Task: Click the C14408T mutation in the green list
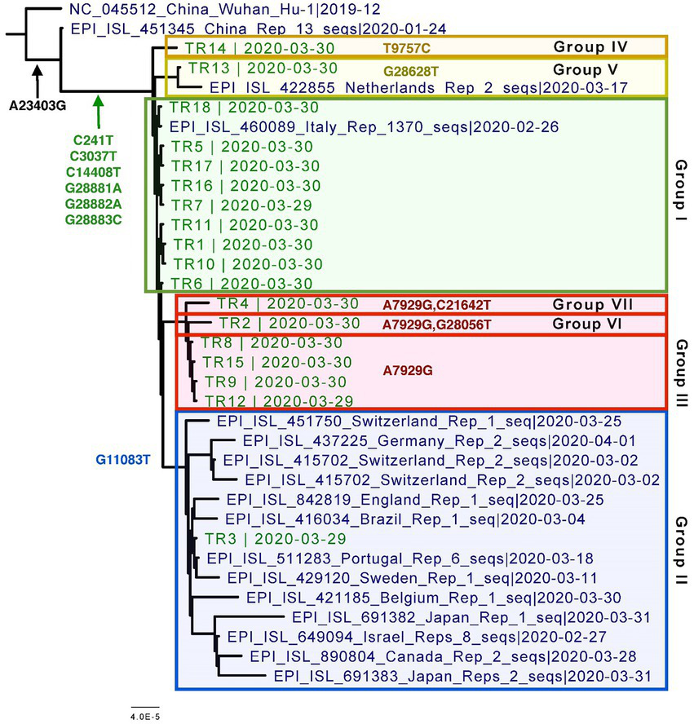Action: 95,171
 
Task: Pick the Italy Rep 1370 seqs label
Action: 363,127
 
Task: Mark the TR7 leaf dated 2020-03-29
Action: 241,205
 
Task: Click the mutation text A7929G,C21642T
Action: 437,305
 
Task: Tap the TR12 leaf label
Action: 279,401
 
